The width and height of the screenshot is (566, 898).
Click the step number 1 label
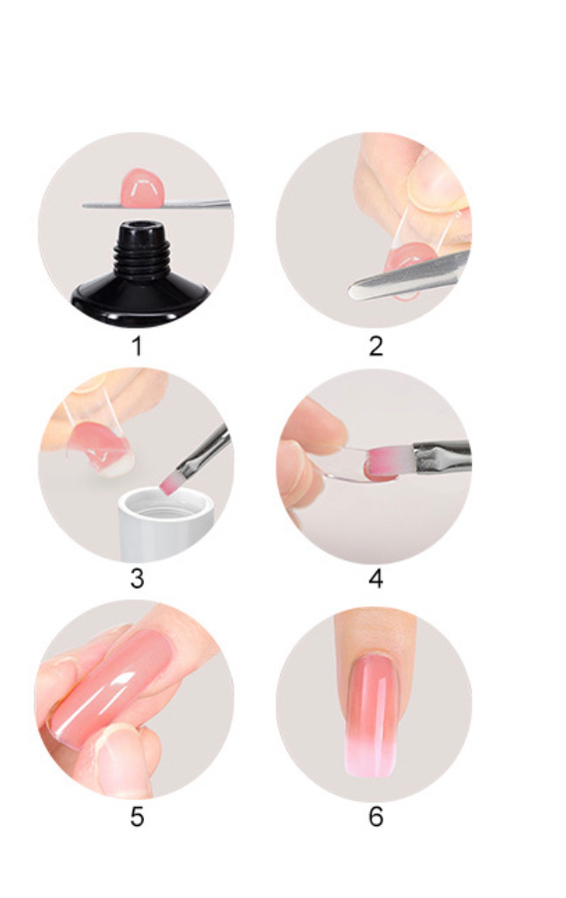(136, 346)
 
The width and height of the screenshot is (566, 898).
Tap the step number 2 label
(375, 346)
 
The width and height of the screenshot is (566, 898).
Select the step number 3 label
(137, 578)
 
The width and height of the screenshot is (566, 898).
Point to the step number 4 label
(375, 578)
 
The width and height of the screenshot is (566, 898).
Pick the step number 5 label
(137, 817)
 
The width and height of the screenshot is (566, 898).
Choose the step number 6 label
(375, 817)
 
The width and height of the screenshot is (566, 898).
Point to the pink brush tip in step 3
(170, 483)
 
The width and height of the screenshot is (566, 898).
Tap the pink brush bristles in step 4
(390, 459)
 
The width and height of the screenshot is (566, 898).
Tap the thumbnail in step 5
(118, 759)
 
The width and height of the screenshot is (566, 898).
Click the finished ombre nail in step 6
(371, 715)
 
